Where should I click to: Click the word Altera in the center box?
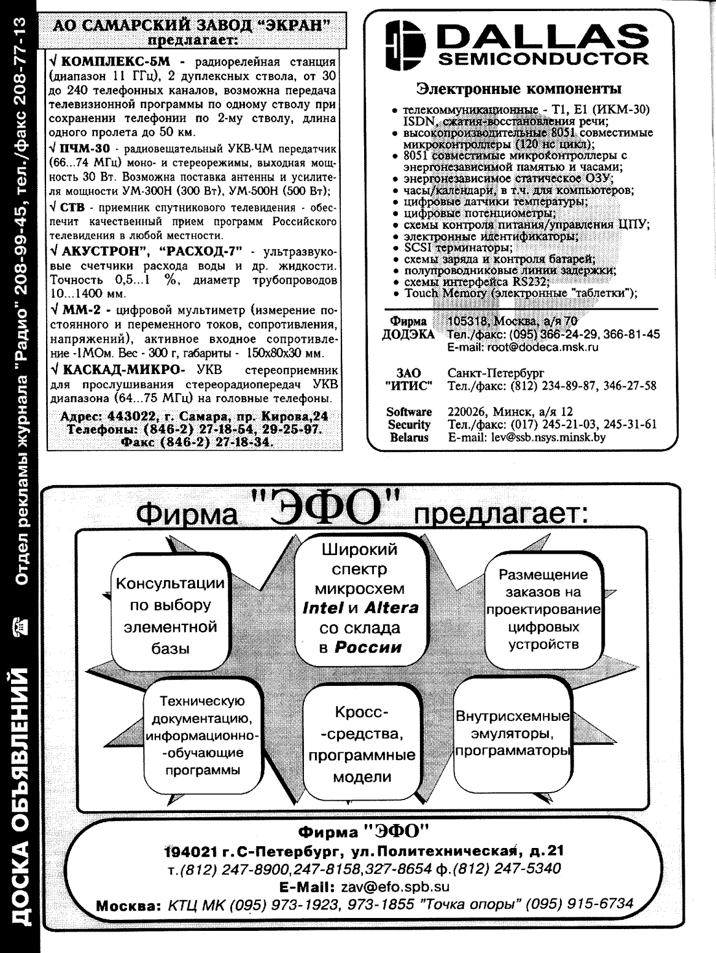pyautogui.click(x=391, y=608)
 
